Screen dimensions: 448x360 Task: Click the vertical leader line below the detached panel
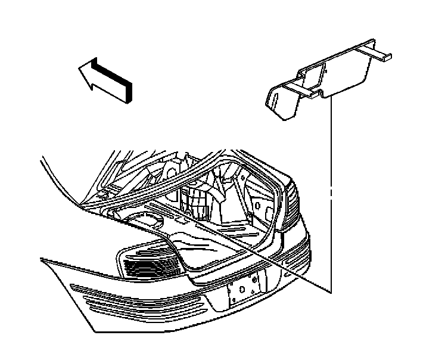click(x=329, y=197)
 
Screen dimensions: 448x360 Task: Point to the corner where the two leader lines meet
click(x=329, y=291)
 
